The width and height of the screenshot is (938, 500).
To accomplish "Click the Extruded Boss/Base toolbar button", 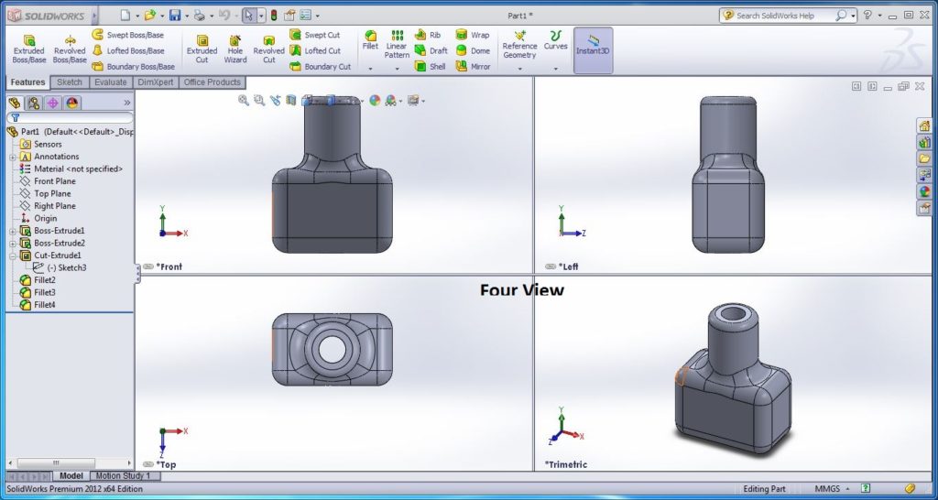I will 28,49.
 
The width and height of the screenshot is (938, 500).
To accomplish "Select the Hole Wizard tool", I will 235,49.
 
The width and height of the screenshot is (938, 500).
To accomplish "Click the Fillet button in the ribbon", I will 370,40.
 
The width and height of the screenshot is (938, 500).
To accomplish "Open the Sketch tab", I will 70,82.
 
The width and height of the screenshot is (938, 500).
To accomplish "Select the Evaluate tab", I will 111,82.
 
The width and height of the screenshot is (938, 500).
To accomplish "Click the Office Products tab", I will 212,82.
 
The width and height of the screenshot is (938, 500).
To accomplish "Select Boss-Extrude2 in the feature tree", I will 59,243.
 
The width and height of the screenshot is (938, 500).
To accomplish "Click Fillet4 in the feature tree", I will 44,304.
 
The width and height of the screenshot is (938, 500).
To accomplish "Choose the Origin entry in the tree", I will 45,218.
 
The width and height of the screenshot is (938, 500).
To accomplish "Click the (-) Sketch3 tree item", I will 66,267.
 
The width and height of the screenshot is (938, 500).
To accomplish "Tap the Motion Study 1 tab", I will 123,476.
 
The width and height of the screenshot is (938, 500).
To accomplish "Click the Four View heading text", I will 522,290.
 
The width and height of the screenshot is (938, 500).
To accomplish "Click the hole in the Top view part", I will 333,349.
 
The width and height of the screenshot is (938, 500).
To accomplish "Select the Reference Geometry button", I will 519,49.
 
